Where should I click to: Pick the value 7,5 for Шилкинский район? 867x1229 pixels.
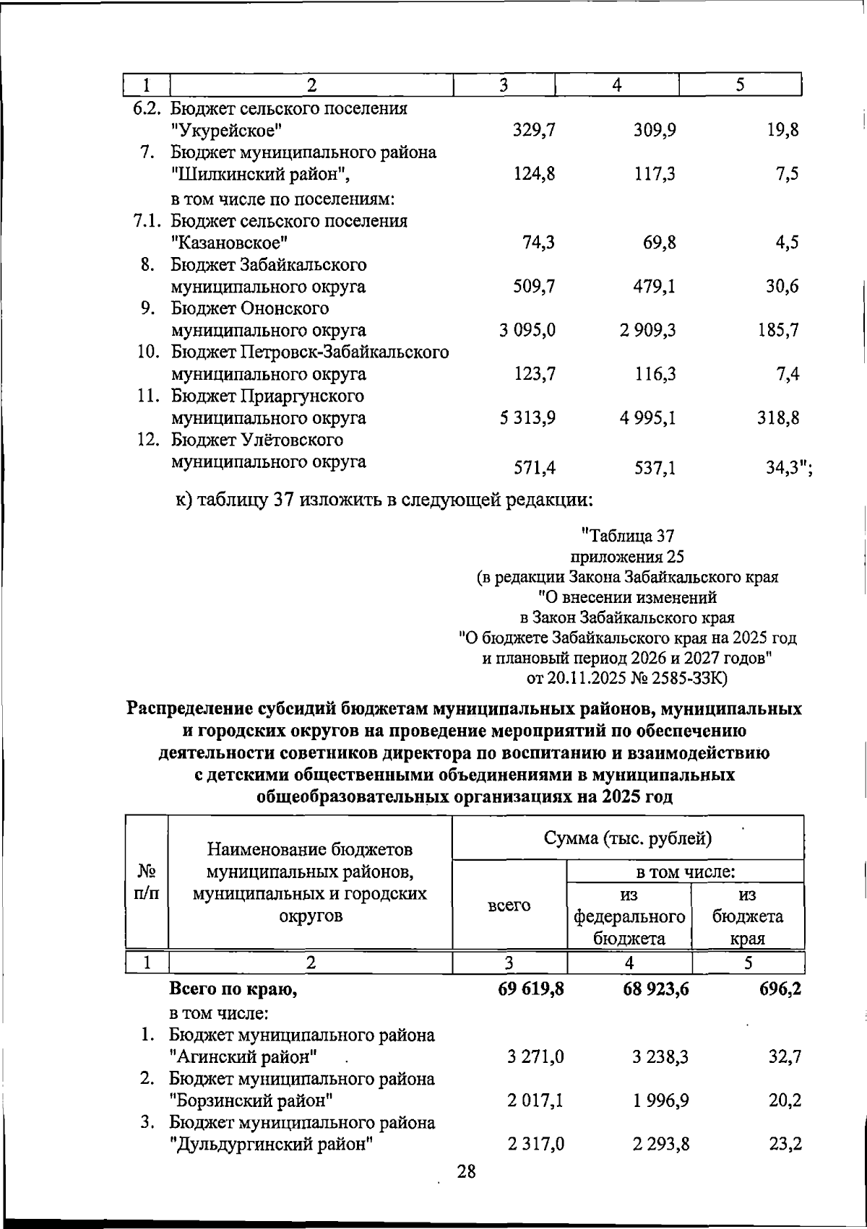click(788, 174)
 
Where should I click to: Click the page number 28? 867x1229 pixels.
click(467, 1171)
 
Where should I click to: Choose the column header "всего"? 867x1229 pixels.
click(509, 905)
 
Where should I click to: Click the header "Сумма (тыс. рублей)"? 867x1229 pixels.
click(627, 838)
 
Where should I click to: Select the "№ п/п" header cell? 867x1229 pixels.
click(147, 882)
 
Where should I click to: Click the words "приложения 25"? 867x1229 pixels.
click(627, 557)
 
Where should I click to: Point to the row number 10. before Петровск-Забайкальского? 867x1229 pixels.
click(149, 352)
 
